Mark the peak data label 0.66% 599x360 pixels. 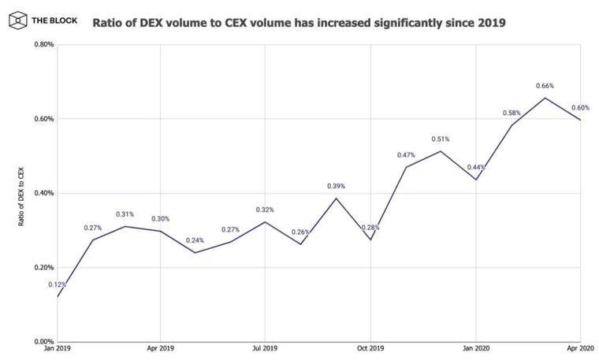[545, 86]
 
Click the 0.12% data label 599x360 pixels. [58, 284]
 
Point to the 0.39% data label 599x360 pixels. [336, 186]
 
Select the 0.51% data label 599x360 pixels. [441, 139]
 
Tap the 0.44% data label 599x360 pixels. [475, 167]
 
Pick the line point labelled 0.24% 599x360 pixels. [195, 253]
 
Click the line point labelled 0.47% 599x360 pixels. [406, 167]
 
